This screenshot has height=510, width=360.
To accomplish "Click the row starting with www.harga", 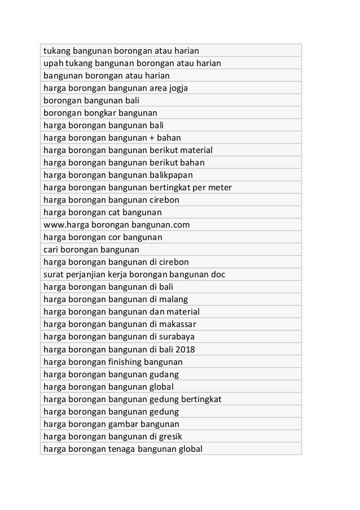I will click(x=116, y=225).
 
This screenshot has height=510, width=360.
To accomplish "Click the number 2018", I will click(x=186, y=349).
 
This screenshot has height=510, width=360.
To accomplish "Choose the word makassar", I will click(x=179, y=324).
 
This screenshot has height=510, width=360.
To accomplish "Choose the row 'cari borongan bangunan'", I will click(x=91, y=250).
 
